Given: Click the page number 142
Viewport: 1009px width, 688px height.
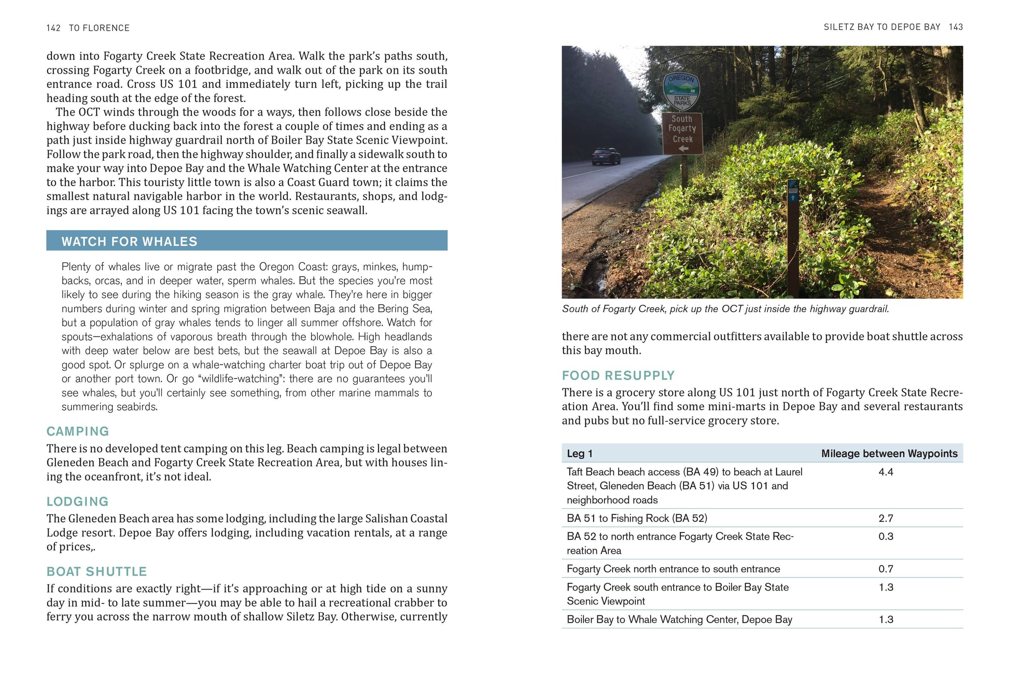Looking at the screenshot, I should (53, 28).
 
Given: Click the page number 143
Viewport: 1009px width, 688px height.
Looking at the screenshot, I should (956, 27).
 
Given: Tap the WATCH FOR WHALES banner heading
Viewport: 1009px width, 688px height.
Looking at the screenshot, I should (130, 242).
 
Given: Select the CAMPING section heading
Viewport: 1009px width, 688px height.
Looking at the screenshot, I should (78, 431).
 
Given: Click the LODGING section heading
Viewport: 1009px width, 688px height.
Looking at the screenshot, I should (78, 501).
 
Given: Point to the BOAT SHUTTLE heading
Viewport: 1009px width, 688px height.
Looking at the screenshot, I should (96, 571).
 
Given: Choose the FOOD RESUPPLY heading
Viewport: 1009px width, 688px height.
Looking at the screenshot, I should (618, 375).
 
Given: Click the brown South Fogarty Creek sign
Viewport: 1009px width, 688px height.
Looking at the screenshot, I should (682, 133).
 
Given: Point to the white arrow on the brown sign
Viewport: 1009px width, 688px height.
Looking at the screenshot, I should (683, 149).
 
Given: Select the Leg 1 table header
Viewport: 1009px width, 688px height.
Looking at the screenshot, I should (580, 454).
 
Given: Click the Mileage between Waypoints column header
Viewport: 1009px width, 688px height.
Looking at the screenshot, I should (889, 454).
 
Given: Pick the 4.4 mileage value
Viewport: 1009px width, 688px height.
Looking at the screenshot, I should (886, 472).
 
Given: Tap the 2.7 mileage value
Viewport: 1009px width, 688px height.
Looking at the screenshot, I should (886, 518).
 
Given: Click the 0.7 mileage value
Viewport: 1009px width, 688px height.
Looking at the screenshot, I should (886, 569).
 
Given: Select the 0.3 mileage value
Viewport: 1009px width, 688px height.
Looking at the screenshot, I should (886, 536).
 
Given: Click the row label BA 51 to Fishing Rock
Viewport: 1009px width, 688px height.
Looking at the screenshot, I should (637, 518).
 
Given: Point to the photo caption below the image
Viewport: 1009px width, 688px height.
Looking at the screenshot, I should (725, 309).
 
